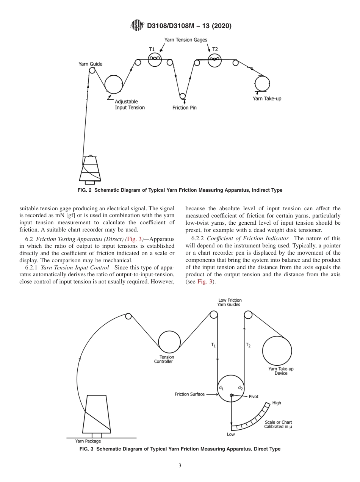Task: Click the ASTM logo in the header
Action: (x=137, y=26)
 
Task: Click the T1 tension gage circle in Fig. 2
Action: (x=155, y=59)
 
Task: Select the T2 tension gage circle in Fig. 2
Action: (x=214, y=60)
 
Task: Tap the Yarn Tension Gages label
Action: (x=186, y=40)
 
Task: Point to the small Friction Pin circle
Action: (x=183, y=96)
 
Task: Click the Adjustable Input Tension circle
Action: (x=113, y=84)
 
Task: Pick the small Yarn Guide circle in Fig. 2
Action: (x=92, y=70)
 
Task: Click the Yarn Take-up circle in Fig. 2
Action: (x=262, y=83)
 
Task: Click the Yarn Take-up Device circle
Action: (x=277, y=351)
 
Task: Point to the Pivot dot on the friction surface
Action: (x=231, y=395)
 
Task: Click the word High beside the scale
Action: (x=277, y=403)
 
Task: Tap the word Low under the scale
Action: (x=231, y=434)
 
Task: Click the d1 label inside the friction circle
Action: (x=221, y=388)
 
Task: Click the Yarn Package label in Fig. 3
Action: (x=88, y=441)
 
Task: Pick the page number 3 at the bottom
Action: (x=180, y=466)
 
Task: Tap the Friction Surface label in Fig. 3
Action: (x=189, y=394)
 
